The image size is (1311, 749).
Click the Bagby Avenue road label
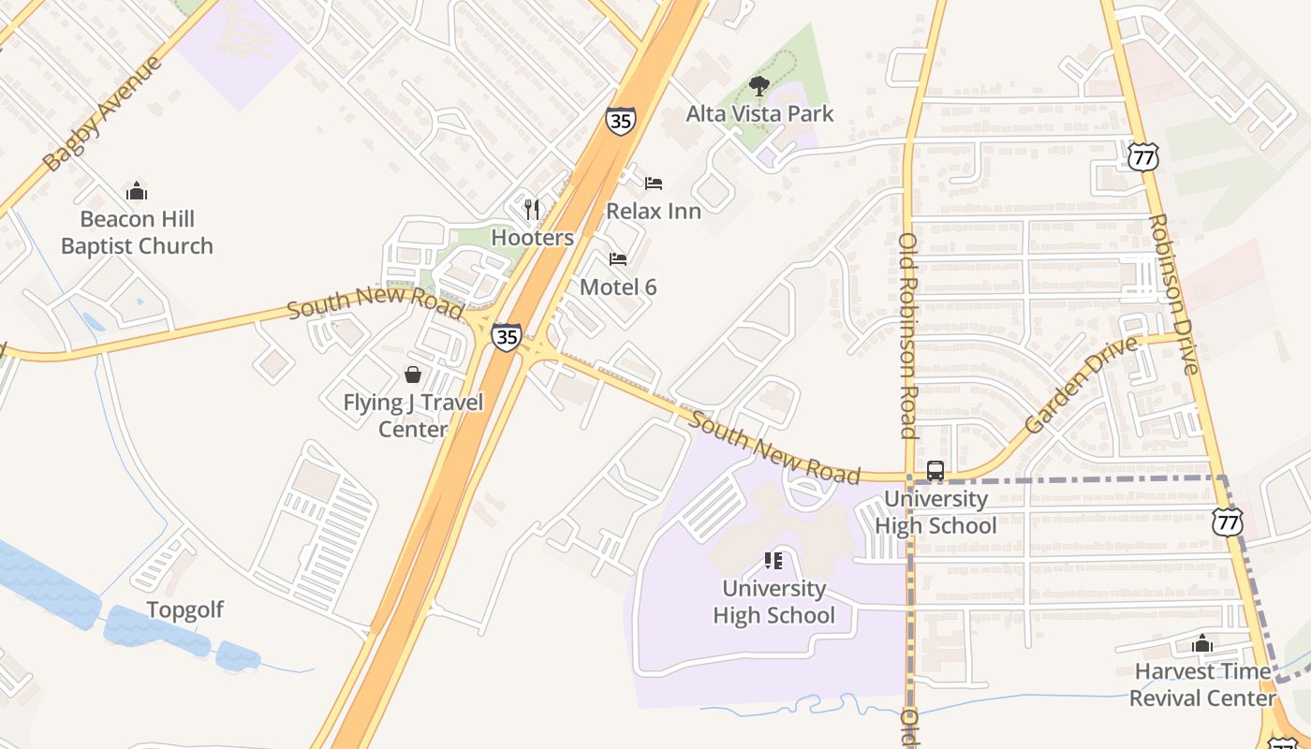[x=103, y=113]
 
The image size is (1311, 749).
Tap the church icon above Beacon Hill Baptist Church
[x=137, y=191]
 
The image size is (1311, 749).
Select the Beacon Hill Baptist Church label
[x=137, y=232]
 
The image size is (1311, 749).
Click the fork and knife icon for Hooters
[x=532, y=209]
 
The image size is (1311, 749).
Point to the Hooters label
[x=532, y=238]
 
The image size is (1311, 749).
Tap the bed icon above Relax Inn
[x=653, y=183]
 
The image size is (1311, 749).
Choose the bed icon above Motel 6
[x=618, y=258]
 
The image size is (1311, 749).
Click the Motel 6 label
[x=618, y=287]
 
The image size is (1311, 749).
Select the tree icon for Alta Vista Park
[x=759, y=87]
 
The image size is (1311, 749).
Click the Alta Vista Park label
[x=759, y=114]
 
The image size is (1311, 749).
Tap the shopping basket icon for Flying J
[x=412, y=374]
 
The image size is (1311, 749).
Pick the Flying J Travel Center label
[x=413, y=416]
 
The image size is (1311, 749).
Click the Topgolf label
[x=184, y=610]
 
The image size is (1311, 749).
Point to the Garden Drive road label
[x=1082, y=385]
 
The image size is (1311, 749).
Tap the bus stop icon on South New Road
[x=935, y=471]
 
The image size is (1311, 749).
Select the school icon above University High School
[x=773, y=561]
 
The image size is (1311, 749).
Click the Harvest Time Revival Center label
[x=1202, y=684]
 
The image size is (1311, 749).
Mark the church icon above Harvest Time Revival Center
[x=1201, y=644]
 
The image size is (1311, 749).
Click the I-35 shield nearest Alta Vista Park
[x=620, y=121]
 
